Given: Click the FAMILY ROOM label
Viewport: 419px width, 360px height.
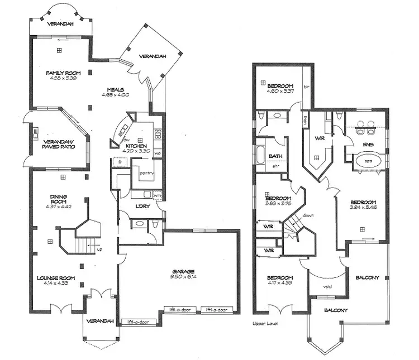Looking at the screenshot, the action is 63,73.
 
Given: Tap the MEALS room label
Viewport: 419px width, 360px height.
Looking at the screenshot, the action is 116,89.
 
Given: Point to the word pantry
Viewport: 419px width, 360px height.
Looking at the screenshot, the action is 147,173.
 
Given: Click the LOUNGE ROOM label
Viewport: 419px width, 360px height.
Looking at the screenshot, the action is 56,277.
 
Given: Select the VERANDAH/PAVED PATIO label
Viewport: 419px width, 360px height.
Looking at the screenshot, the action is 59,145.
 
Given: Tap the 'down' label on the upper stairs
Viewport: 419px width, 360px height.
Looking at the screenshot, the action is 307,215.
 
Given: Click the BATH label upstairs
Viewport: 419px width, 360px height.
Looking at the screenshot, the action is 275,156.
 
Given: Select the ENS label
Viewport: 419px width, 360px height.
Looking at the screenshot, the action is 368,144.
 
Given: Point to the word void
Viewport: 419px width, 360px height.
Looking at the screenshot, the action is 328,288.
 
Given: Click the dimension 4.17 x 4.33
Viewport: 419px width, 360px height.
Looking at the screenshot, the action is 279,283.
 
